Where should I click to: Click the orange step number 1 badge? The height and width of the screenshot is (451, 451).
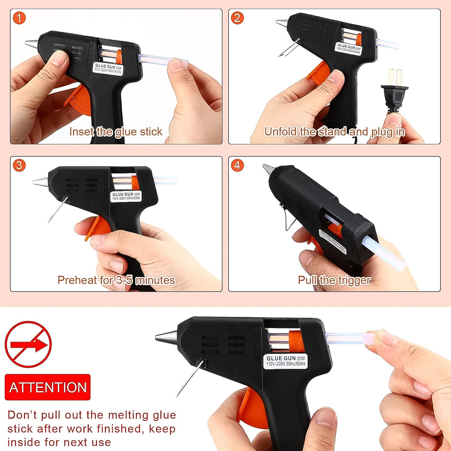coord(19,18)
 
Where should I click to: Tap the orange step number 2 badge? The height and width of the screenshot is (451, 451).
coord(237,18)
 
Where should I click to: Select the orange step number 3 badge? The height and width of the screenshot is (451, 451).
coord(19,165)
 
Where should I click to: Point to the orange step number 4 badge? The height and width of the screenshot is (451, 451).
coord(237,165)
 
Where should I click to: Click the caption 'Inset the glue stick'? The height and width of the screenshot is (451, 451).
coord(116,132)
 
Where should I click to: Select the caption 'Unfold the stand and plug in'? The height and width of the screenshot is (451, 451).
coord(334,132)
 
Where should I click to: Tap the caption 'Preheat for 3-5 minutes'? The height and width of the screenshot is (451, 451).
coord(116,280)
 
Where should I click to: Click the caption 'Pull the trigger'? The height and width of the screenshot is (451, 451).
coord(334,280)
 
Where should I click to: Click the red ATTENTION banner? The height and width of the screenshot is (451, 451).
coord(48,387)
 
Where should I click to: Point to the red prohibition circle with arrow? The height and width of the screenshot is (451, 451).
coord(28,345)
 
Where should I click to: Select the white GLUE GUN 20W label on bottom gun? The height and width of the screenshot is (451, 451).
coord(286,361)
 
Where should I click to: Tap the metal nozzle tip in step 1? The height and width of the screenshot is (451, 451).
coord(31,44)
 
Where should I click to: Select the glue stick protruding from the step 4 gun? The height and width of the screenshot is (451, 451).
coord(383,253)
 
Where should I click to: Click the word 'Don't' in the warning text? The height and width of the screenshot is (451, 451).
coord(22,415)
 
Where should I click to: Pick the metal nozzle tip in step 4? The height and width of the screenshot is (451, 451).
coord(267,169)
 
